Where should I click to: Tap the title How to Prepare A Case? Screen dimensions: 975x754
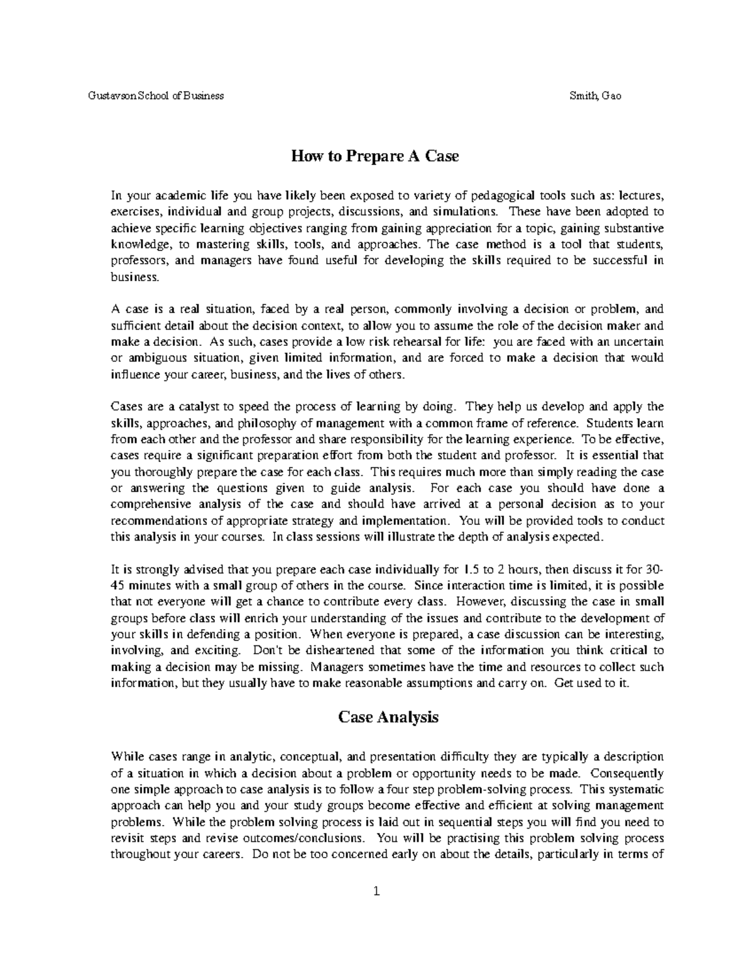[374, 156]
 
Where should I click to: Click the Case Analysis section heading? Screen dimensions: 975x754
[388, 716]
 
